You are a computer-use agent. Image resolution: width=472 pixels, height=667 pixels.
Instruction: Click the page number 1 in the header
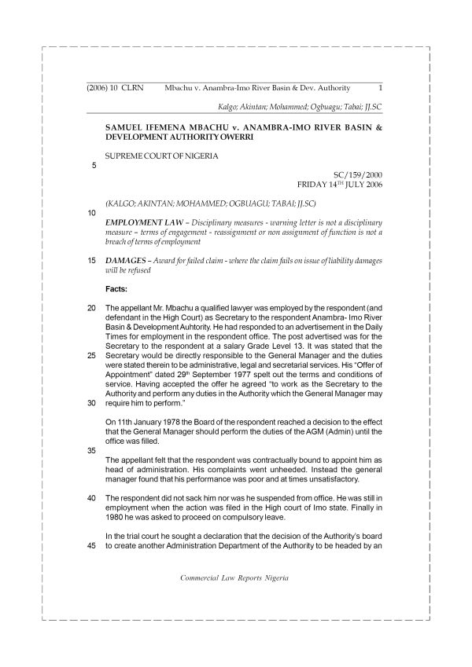380,87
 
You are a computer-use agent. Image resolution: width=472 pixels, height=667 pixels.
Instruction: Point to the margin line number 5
94,166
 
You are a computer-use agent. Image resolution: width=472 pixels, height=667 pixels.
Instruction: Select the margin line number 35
91,451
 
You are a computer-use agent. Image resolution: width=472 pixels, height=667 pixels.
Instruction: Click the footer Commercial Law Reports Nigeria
234,577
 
